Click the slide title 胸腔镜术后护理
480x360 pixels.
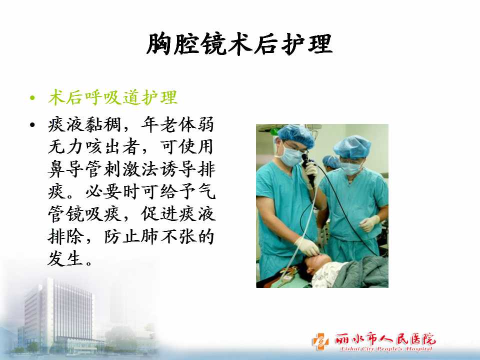[239, 44]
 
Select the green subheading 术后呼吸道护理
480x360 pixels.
[113, 97]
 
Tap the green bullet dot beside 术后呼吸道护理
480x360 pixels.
[32, 98]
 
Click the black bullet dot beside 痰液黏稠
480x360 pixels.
[32, 125]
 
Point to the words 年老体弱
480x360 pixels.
[178, 124]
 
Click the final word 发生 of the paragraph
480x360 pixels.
[65, 259]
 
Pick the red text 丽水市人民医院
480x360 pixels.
[385, 339]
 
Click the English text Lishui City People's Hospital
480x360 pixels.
[386, 349]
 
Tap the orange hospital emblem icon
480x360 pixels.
[320, 341]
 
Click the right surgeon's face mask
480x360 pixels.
[351, 168]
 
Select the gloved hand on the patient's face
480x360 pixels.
[307, 246]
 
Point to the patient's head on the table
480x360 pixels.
[315, 266]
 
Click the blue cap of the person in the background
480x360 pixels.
[330, 160]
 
